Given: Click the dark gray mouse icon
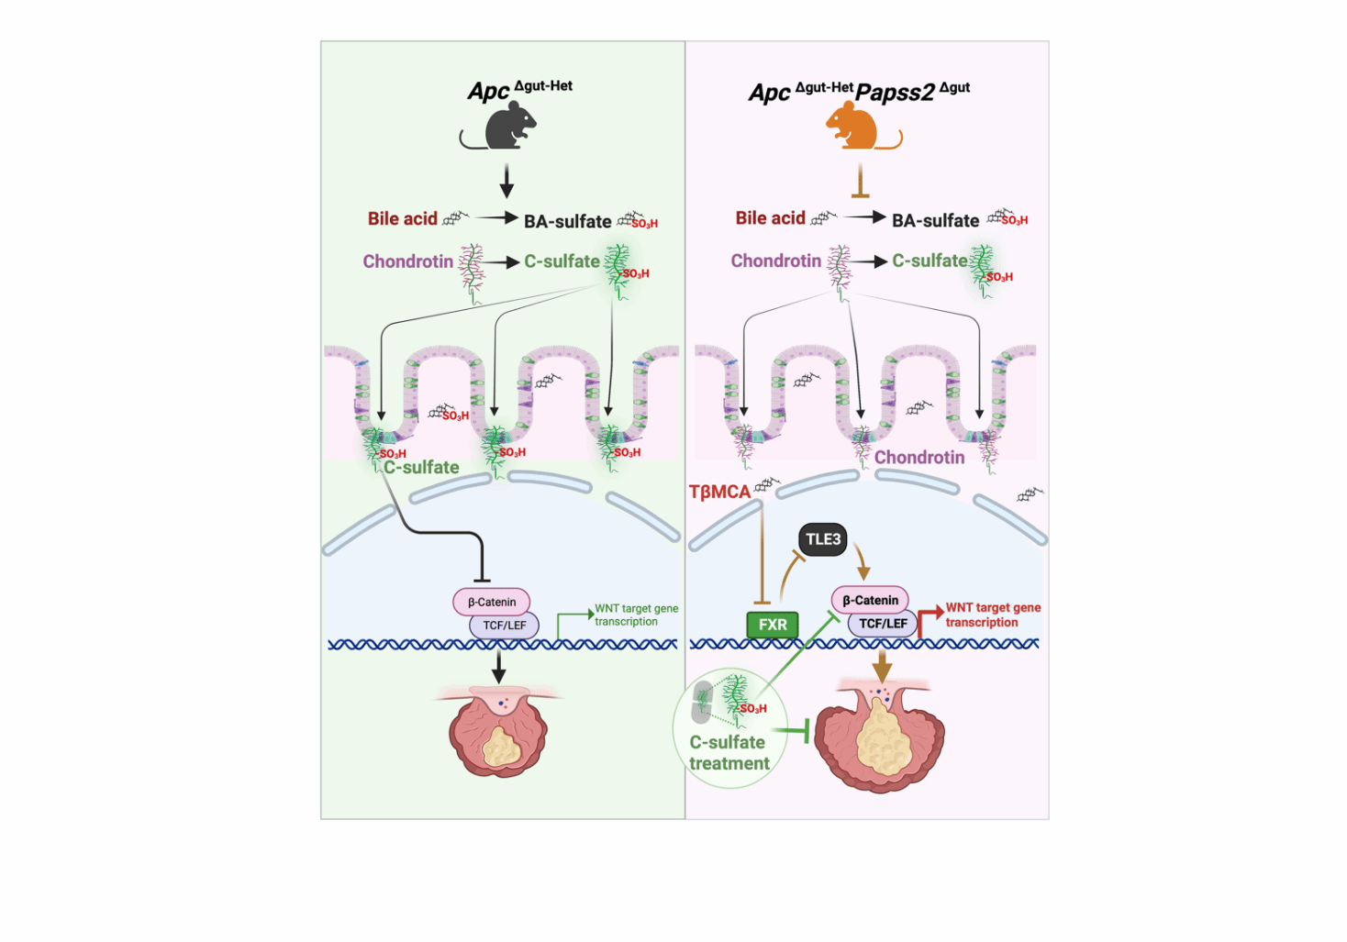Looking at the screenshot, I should point(507,127).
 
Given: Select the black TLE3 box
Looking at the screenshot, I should point(822,539).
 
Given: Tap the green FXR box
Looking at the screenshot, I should point(773,625).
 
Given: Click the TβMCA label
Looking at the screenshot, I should point(719,493).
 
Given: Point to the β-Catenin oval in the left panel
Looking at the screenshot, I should point(492,602).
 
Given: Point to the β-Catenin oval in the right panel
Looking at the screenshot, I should point(870,600).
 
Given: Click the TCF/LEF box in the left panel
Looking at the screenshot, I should point(505,626).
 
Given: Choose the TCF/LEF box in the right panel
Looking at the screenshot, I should point(883,624).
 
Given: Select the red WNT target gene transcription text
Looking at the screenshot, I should point(993,615).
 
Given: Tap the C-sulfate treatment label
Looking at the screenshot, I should point(729,752).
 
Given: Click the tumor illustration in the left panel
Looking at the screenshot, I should point(498,734).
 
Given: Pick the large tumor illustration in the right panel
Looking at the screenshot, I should point(879,738).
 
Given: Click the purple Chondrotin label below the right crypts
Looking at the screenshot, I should point(918,457).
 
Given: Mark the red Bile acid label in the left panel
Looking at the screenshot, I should point(403,218).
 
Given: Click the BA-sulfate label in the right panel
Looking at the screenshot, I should point(935,220).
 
